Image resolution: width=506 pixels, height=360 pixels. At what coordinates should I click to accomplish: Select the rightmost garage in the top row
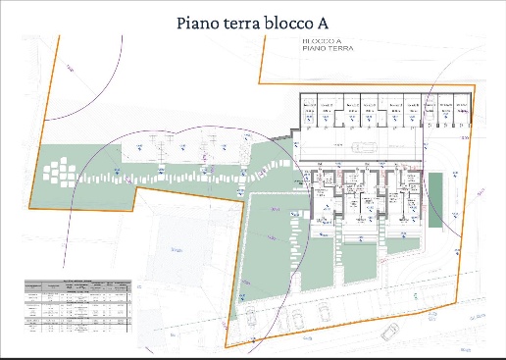pyautogui.click(x=462, y=114)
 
